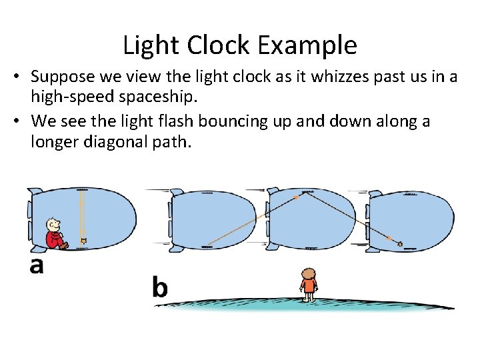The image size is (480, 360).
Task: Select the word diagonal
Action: click(x=111, y=141)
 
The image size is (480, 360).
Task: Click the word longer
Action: click(x=53, y=141)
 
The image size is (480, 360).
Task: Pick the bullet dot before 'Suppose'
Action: click(x=15, y=78)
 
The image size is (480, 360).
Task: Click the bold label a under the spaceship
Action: click(x=37, y=265)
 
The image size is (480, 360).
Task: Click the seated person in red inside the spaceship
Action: click(x=54, y=234)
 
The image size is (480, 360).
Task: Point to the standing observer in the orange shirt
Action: click(x=308, y=283)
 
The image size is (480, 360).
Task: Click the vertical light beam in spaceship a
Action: click(x=82, y=213)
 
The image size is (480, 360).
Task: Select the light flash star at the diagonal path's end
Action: click(x=400, y=244)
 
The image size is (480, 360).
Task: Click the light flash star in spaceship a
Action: click(x=83, y=240)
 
